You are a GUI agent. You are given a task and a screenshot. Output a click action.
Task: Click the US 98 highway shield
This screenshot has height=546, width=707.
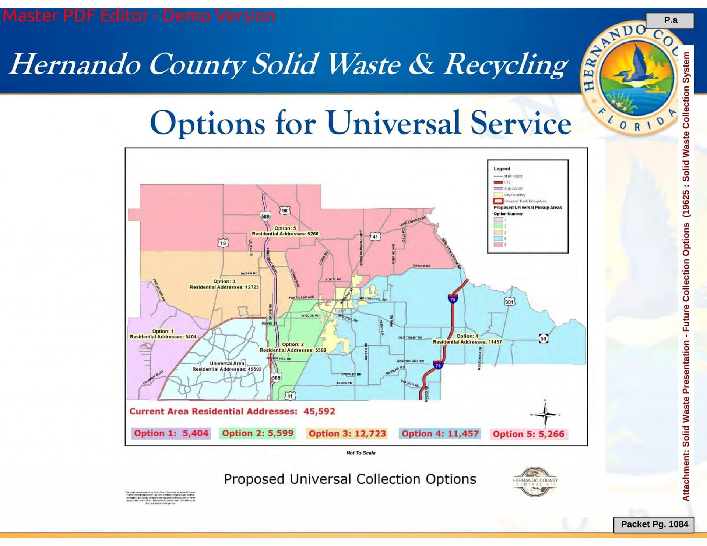[x=285, y=210]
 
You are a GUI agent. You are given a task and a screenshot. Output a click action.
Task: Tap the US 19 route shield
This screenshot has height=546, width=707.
[x=223, y=243]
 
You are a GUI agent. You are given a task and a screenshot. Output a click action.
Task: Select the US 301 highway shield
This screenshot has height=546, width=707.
[x=509, y=302]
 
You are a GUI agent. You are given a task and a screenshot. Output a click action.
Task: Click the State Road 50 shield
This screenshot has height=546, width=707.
[x=543, y=338]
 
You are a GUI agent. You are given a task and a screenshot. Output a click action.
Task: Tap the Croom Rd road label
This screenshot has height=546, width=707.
[x=422, y=266]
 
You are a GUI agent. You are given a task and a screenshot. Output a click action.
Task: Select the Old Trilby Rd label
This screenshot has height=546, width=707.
[x=410, y=337]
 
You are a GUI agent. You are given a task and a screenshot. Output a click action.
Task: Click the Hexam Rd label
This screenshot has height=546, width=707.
[x=249, y=273]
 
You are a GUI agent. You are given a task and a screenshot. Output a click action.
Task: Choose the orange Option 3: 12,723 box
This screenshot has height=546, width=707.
[x=347, y=434]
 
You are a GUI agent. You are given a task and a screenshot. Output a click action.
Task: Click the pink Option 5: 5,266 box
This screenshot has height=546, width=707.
[x=528, y=434]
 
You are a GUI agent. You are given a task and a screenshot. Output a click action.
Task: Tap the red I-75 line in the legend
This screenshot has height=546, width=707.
[x=498, y=182]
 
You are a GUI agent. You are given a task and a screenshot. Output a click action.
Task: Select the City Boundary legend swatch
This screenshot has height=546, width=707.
[x=498, y=195]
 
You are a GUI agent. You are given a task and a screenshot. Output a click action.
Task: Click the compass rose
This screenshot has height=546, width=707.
[x=545, y=414]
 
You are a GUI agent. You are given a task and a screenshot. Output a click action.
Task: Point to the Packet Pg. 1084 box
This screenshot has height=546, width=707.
[x=654, y=524]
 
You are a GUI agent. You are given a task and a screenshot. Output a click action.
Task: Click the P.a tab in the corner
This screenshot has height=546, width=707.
[x=670, y=21]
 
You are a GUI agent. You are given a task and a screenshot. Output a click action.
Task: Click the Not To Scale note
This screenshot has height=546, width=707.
[x=361, y=453]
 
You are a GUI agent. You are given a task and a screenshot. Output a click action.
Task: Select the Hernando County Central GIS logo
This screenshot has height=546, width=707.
[x=535, y=481]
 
